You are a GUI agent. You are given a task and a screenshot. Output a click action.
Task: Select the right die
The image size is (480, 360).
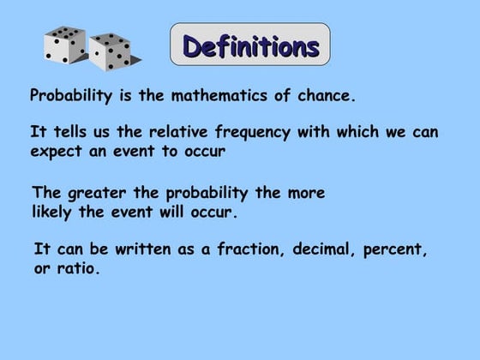click(111, 52)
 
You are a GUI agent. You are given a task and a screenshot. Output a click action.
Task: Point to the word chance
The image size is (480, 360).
click(324, 95)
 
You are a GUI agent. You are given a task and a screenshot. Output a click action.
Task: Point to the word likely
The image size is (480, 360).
click(56, 211)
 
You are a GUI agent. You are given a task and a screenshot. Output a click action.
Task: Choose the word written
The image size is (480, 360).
click(133, 250)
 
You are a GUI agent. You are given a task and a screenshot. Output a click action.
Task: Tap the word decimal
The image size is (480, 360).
click(323, 250)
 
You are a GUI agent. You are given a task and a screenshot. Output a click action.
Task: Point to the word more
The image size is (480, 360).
click(306, 193)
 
